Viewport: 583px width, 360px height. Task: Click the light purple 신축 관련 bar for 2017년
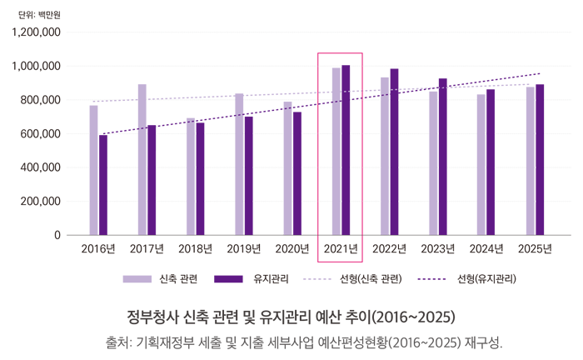coord(142,159)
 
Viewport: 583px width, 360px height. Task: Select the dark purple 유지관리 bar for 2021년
coord(346,150)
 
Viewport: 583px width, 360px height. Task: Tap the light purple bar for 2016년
coord(94,170)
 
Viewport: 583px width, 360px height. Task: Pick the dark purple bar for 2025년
coord(540,159)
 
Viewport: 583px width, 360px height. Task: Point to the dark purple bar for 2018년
coord(200,178)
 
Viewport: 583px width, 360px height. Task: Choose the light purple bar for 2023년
coord(433,162)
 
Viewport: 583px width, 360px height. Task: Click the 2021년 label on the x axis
coord(341,248)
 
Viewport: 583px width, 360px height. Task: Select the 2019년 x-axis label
coord(243,248)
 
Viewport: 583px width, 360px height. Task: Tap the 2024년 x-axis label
coord(486,248)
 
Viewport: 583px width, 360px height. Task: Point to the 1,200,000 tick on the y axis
coord(36,32)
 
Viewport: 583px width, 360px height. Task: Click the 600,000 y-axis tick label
coord(39,133)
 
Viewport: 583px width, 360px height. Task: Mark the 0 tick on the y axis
coord(57,235)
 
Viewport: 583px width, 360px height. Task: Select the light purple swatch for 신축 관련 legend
coord(136,278)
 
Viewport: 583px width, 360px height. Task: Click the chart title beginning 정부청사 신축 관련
coord(291,317)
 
